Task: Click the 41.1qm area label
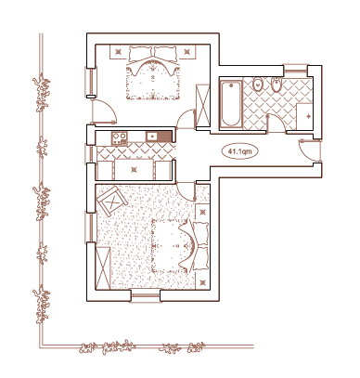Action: (239, 151)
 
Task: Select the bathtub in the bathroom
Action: (231, 104)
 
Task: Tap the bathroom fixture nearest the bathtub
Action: (257, 85)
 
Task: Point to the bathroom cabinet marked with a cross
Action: (304, 116)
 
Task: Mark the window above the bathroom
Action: (295, 70)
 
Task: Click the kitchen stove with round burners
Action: (120, 138)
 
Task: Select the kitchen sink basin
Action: (152, 137)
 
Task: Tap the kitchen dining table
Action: (134, 169)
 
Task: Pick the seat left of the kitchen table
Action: (105, 170)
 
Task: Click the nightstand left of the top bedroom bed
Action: (119, 52)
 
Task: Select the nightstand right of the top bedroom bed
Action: (186, 52)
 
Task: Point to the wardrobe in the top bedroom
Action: (203, 107)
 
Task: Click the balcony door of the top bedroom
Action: (104, 112)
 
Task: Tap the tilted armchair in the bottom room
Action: (111, 202)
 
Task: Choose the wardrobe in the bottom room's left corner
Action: (103, 268)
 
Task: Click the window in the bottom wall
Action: (146, 295)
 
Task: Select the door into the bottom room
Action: (186, 191)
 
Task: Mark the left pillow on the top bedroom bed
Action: (141, 53)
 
